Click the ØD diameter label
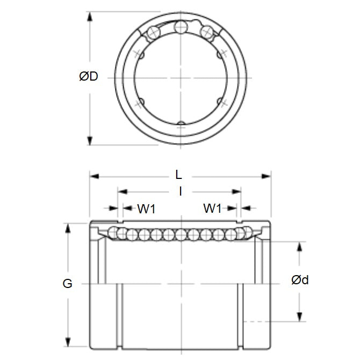point(89,77)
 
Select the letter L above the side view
point(179,175)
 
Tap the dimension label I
point(181,191)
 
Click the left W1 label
point(146,208)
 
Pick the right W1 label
point(212,208)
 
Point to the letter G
point(68,284)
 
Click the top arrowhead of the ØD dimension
point(89,15)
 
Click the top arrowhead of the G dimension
point(68,227)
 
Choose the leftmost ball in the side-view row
point(113,233)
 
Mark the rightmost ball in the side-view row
point(246,233)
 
